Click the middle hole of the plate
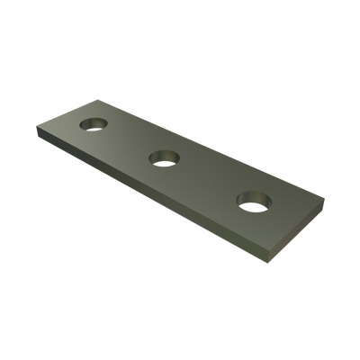(x=163, y=158)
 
